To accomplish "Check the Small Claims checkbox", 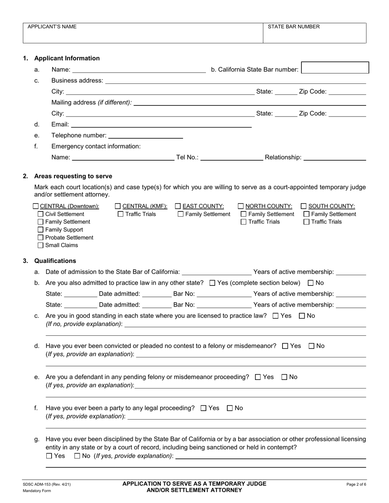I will click(40, 245).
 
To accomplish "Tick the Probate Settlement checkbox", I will click(40, 238).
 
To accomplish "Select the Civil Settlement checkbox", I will click(40, 214).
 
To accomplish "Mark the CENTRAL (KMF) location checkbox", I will click(118, 206).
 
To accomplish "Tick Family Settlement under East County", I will click(181, 214).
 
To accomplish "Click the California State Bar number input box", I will click(335, 68).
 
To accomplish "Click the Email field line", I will click(162, 124).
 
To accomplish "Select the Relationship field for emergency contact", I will click(335, 157).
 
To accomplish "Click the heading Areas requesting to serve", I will click(73, 176).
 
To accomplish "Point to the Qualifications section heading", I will click(55, 261).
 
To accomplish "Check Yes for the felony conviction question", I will click(285, 346).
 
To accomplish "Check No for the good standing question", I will click(302, 316).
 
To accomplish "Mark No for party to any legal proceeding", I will click(230, 408).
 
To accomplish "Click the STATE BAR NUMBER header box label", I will click(294, 27).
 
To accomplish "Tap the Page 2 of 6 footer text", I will click(356, 485).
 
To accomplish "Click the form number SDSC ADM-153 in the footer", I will click(41, 485).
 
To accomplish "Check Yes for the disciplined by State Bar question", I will click(49, 456).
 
